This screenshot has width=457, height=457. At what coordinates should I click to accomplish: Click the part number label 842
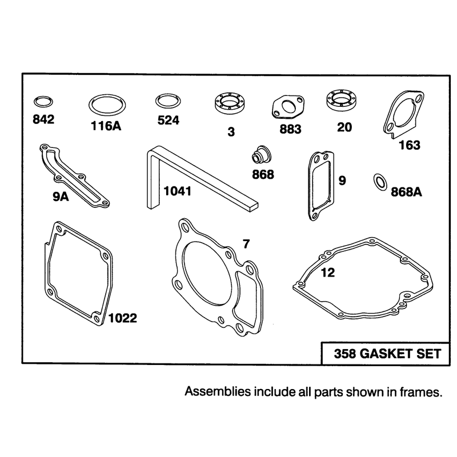(43, 119)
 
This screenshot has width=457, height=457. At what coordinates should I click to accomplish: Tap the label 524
(169, 120)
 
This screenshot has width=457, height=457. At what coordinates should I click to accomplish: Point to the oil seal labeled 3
(230, 103)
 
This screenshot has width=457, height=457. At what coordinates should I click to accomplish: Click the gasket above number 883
(288, 107)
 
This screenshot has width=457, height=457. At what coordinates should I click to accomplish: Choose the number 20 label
(344, 127)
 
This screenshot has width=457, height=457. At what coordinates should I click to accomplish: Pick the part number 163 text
(410, 145)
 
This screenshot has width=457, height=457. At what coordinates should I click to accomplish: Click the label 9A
(61, 197)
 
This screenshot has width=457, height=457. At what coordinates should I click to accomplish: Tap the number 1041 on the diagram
(178, 191)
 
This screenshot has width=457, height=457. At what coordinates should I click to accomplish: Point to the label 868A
(406, 192)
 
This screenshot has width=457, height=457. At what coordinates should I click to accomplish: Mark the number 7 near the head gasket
(247, 244)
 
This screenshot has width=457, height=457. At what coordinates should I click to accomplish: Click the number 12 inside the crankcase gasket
(328, 272)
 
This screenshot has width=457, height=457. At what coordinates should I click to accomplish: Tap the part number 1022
(123, 318)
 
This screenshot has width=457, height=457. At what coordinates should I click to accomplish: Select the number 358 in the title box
(345, 354)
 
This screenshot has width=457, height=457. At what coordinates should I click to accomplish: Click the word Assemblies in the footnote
(218, 391)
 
